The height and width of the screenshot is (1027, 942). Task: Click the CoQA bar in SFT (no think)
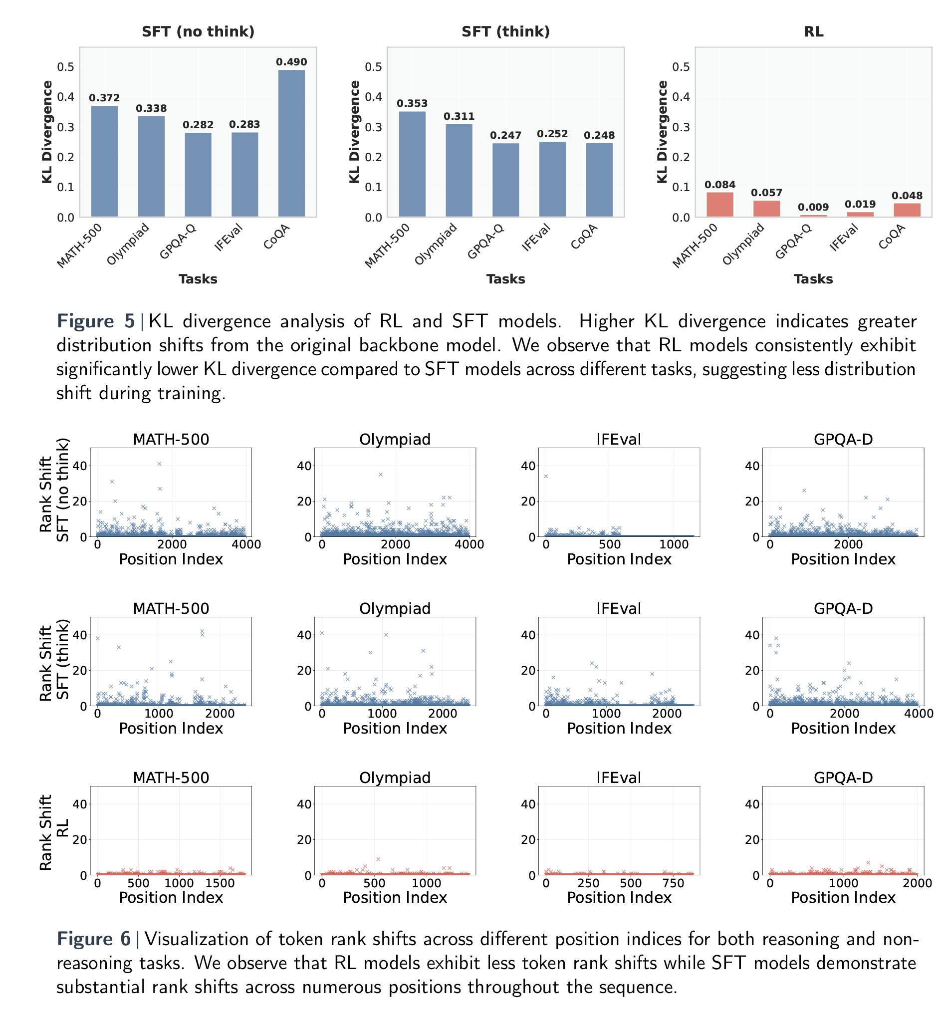tap(291, 143)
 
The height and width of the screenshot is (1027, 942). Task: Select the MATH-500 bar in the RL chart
tap(720, 205)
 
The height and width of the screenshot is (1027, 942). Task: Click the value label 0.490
tap(291, 62)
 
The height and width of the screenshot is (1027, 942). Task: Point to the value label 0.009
tap(813, 207)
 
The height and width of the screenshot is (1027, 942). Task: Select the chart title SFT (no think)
tap(198, 31)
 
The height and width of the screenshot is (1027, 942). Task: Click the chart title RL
tap(813, 31)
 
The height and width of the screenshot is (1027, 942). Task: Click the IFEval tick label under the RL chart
tap(844, 238)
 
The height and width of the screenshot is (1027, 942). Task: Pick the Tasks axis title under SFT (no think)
tap(198, 279)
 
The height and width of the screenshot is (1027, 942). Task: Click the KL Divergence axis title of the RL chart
tap(662, 132)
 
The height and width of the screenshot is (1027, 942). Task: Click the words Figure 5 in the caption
tap(96, 321)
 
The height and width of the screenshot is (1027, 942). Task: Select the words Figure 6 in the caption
tap(94, 939)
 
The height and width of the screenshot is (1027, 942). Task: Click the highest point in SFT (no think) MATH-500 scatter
tap(160, 464)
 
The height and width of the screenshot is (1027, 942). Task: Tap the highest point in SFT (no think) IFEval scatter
tap(546, 476)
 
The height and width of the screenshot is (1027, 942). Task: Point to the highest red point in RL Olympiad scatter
tap(378, 859)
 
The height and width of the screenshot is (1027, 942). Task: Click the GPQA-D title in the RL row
tap(843, 777)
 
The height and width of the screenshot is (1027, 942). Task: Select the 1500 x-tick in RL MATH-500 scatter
tap(729, 883)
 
